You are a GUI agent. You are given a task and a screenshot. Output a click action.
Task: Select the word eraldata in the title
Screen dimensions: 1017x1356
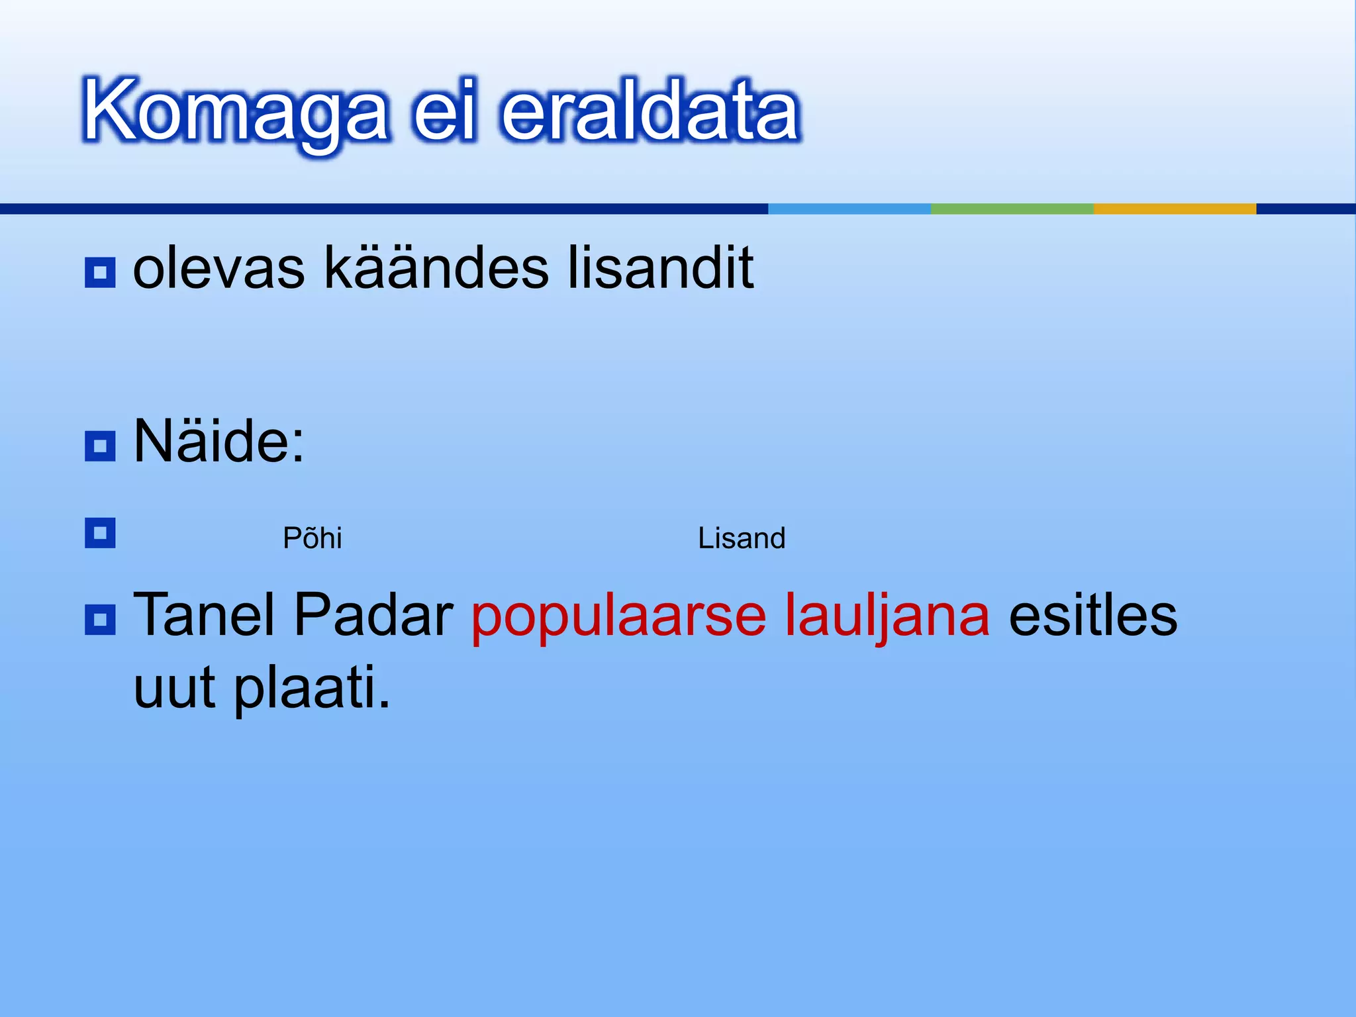650,111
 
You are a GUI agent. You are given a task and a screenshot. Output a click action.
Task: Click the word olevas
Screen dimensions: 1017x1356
219,268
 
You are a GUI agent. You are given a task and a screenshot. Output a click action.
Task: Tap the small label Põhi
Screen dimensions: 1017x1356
312,538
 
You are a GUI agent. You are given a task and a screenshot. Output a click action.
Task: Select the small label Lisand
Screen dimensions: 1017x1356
742,538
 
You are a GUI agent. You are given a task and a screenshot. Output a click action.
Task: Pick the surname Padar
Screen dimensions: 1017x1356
373,615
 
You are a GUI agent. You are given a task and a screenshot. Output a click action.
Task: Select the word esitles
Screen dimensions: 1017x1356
1092,615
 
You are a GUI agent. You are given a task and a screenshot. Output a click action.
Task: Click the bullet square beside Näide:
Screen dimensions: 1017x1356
100,446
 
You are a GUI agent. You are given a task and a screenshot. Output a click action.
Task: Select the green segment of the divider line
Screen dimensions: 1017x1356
1012,209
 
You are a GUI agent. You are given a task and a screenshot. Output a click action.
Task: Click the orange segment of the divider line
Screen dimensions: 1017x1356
1175,209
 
